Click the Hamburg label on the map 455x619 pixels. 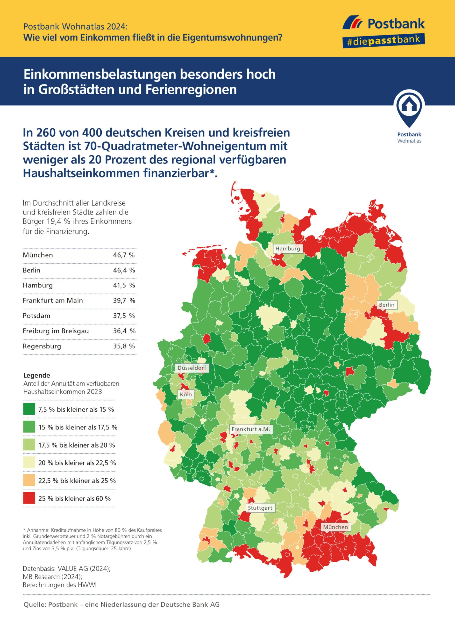tap(288, 248)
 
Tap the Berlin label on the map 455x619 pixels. tap(386, 305)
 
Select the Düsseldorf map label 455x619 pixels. tap(192, 368)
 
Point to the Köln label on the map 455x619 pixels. tap(186, 394)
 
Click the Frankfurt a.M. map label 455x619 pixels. tap(251, 429)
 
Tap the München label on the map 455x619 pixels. tap(335, 527)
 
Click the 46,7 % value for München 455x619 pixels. tap(124, 255)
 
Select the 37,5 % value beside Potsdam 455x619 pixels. tap(124, 316)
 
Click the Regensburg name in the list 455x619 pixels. tap(42, 346)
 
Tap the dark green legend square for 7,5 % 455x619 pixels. tap(29, 409)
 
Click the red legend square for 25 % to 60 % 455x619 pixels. tap(29, 498)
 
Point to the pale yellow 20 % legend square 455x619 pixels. tap(29, 462)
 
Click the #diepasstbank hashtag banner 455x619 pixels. tap(383, 41)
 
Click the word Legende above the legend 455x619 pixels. tap(37, 375)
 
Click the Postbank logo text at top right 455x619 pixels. tap(396, 24)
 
